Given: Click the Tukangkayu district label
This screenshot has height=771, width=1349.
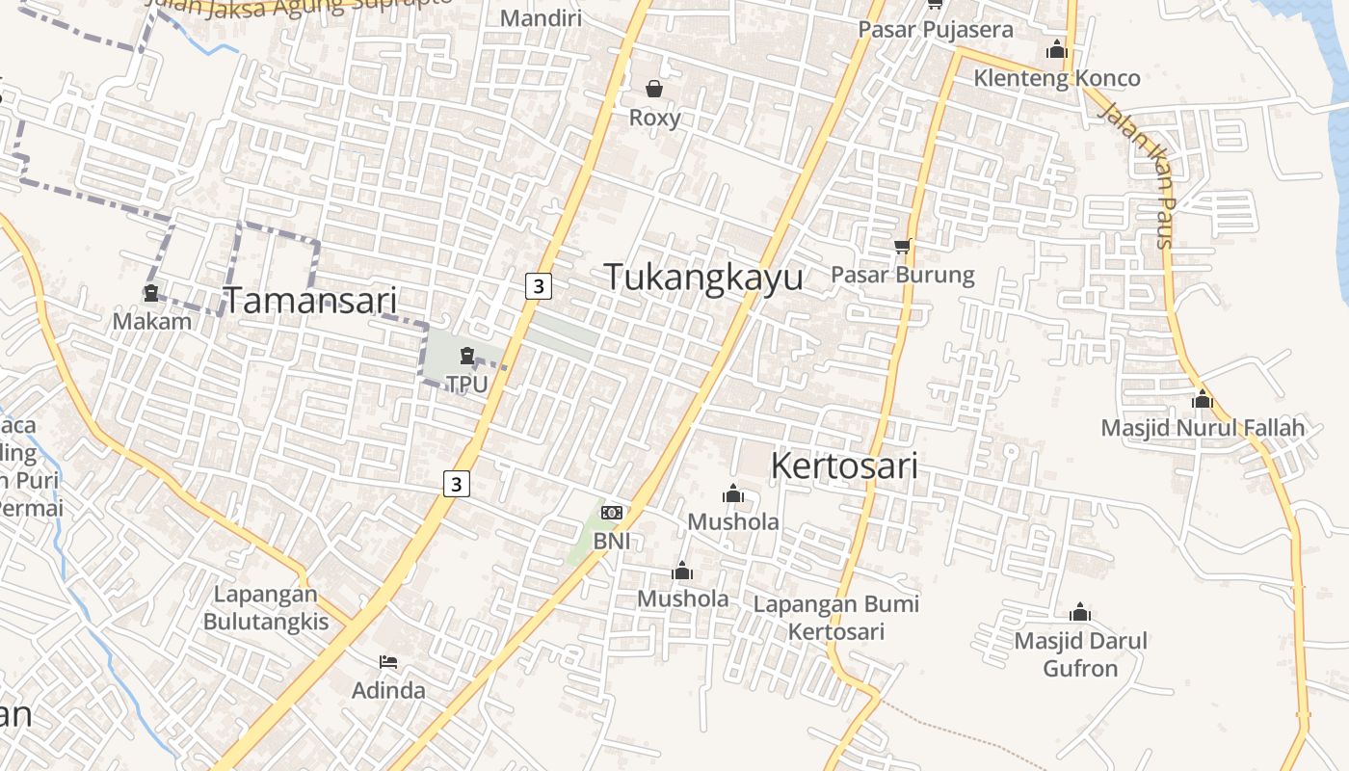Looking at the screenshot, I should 703,277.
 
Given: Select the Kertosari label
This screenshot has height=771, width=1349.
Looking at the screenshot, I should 843,466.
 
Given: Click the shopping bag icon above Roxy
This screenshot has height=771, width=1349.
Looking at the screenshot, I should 654,89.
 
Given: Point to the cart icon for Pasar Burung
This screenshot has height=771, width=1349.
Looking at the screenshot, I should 902,247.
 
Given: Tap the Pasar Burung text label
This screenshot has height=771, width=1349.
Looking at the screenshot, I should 902,275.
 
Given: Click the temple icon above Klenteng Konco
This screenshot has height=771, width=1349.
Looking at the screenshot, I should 1056,49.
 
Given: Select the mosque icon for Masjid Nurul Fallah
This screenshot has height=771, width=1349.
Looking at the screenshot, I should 1202,398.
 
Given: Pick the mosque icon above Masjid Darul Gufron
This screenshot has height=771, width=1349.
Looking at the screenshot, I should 1079,612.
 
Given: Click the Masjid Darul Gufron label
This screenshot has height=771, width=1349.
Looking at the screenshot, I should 1080,654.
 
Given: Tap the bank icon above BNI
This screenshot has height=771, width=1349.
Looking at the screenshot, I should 611,513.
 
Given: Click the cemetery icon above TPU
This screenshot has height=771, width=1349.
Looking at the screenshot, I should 467,356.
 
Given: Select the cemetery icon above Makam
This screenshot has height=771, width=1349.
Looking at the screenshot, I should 151,293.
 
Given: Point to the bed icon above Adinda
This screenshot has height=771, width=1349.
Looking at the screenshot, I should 388,661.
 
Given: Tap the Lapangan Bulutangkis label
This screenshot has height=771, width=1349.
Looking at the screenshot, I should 265,607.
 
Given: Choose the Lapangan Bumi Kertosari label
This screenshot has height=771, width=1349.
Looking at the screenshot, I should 835,618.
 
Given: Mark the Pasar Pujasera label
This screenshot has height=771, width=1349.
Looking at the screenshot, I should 936,29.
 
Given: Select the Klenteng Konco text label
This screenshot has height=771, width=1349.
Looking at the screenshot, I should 1056,78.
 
